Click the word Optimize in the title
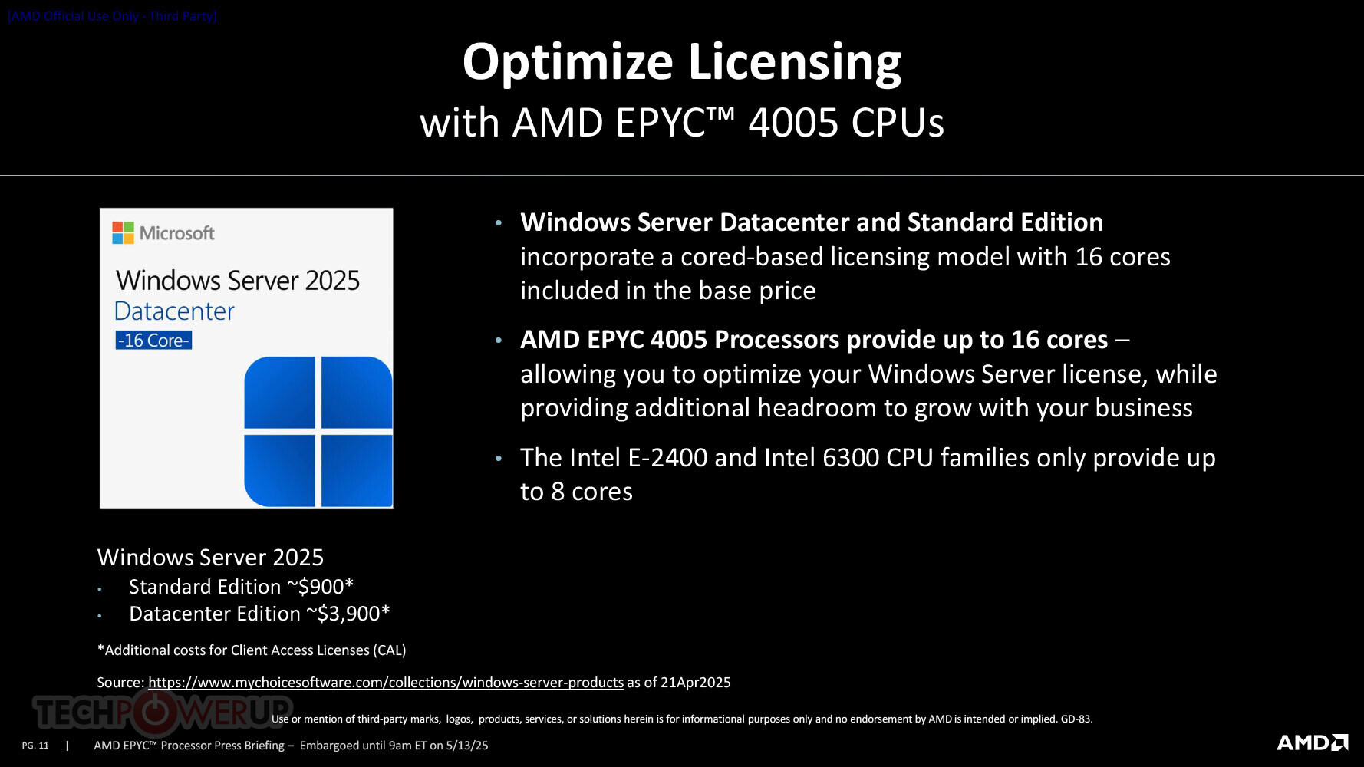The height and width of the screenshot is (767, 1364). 568,63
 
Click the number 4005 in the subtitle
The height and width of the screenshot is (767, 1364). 793,123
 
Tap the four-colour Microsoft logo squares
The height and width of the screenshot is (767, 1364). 123,232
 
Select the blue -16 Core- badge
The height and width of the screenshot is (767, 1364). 153,340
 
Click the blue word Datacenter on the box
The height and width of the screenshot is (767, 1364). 174,311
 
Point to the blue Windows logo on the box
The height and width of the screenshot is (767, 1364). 318,431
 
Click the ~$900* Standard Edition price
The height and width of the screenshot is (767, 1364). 320,587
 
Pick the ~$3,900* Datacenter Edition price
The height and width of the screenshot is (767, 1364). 348,614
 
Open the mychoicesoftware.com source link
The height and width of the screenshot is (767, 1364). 386,683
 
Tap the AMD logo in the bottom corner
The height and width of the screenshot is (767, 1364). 1313,742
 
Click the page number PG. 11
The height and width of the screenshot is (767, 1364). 35,746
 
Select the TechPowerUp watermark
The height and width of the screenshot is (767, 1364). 163,712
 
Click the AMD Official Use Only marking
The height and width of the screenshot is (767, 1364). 113,16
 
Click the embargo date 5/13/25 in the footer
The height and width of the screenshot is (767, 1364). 467,746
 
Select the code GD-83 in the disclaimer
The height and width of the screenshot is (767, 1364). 1076,719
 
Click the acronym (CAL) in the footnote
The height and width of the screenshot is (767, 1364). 390,650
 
